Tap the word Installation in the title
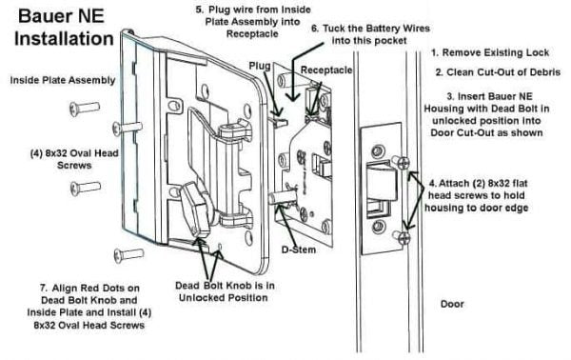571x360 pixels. [x=64, y=39]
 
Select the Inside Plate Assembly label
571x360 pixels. [x=63, y=80]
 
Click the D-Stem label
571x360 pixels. [x=299, y=250]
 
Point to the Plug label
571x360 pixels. [x=260, y=66]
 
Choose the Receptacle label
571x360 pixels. [x=326, y=70]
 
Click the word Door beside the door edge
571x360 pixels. [x=452, y=304]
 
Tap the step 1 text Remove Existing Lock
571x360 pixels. [x=490, y=52]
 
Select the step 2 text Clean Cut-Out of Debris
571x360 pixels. [x=498, y=72]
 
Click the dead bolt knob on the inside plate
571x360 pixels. [x=194, y=208]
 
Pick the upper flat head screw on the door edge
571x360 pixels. [x=401, y=163]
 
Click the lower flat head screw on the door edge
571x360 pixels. [x=402, y=237]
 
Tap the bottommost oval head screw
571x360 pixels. [x=128, y=254]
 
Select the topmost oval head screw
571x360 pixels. [x=85, y=109]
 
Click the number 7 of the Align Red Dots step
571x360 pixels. [x=43, y=289]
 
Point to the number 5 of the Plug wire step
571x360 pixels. [x=199, y=10]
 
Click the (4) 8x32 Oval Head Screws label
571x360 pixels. [x=74, y=159]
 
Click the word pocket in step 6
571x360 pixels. [x=391, y=40]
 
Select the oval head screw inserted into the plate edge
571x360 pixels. [x=127, y=128]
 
